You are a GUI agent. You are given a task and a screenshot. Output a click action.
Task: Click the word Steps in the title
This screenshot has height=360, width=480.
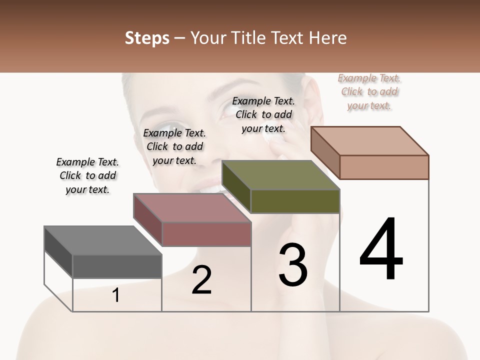(147, 38)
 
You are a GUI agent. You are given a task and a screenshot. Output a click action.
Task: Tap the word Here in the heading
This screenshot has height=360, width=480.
(327, 38)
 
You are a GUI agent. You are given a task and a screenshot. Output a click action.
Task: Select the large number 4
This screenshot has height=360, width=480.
(381, 250)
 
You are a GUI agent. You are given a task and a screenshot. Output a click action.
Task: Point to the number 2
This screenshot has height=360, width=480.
(201, 280)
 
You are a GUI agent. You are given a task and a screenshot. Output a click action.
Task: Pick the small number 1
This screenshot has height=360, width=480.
(116, 295)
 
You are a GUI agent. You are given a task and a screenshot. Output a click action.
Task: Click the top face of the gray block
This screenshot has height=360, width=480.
(103, 240)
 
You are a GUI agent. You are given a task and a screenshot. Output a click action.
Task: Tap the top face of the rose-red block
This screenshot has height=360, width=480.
(192, 208)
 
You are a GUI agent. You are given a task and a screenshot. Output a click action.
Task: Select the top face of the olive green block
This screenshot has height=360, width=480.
(280, 175)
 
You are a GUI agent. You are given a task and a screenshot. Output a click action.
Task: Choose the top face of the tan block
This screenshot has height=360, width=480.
(369, 141)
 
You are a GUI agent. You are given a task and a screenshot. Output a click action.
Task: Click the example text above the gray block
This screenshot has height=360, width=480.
(88, 175)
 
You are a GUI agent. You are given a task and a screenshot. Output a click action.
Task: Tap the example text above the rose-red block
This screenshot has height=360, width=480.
(174, 146)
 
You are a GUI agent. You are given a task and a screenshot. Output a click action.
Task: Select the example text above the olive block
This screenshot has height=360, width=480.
(263, 114)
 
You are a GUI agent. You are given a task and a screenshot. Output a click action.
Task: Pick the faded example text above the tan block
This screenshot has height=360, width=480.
(369, 91)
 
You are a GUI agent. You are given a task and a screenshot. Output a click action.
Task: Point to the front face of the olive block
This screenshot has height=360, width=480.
(295, 201)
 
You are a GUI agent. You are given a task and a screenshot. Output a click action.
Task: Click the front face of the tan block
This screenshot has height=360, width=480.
(384, 167)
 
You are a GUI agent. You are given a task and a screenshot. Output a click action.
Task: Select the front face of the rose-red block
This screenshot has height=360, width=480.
(206, 234)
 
